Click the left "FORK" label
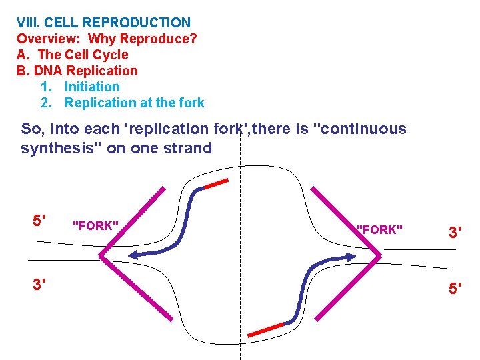click(95, 226)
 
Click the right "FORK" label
click(379, 230)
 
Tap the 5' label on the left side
click(40, 220)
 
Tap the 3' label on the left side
click(40, 285)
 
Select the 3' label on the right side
click(455, 233)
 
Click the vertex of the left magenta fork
click(101, 255)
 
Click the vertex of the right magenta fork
click(380, 255)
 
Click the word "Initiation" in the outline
click(92, 87)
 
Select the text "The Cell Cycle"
click(83, 55)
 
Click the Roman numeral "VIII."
click(31, 23)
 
